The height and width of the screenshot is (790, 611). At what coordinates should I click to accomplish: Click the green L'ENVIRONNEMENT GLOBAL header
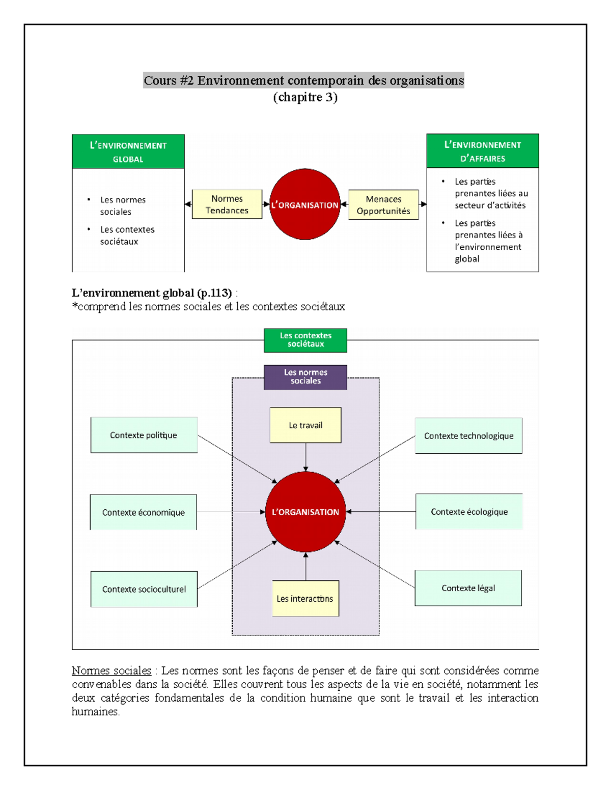[x=128, y=152]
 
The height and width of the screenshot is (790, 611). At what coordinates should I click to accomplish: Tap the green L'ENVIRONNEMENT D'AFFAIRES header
[x=482, y=151]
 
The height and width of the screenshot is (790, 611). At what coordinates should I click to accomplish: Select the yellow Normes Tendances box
[x=227, y=204]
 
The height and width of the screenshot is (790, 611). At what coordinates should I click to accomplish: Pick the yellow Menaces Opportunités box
[x=383, y=205]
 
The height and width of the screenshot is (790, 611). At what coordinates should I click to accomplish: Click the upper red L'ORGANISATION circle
[x=304, y=204]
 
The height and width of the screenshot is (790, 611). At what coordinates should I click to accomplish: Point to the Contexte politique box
[x=144, y=435]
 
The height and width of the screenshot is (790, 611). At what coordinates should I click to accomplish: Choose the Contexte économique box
[x=143, y=512]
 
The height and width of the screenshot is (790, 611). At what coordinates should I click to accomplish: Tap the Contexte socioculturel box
[x=144, y=589]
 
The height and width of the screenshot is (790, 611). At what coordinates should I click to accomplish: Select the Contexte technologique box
[x=468, y=435]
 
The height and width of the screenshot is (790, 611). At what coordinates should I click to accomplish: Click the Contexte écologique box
[x=469, y=512]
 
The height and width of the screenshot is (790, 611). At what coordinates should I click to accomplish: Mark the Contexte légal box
[x=468, y=588]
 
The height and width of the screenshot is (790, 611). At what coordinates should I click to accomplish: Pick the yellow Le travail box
[x=305, y=425]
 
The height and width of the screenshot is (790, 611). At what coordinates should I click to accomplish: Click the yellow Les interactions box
[x=305, y=599]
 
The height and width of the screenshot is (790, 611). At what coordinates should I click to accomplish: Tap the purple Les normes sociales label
[x=305, y=377]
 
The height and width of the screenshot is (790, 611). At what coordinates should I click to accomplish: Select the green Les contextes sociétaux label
[x=305, y=340]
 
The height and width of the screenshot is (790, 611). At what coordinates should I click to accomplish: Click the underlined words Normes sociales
[x=112, y=670]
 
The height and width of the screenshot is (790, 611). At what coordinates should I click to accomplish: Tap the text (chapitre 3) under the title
[x=305, y=97]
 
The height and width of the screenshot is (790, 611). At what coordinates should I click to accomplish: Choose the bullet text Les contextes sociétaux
[x=127, y=236]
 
